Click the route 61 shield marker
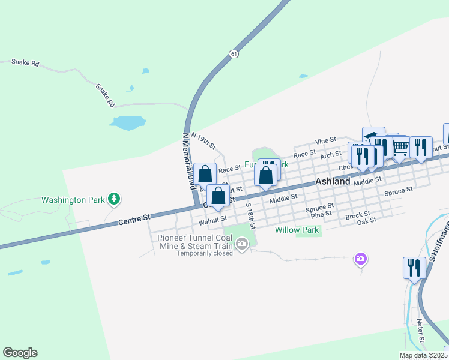(233, 54)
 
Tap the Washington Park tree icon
(113, 199)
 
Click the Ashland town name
(333, 181)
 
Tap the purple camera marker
(361, 259)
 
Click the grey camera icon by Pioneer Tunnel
(242, 244)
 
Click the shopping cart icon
(400, 147)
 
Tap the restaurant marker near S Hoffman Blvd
(414, 268)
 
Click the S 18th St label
(251, 215)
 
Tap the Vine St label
(326, 140)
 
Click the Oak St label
(366, 220)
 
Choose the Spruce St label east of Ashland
(399, 191)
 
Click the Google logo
(20, 353)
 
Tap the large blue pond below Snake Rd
(128, 122)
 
